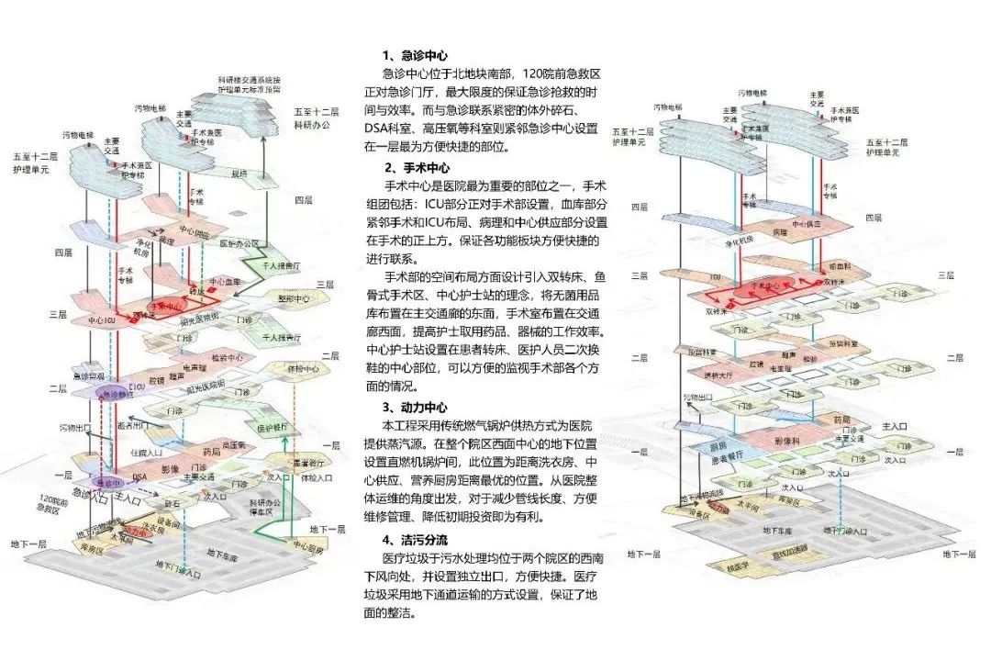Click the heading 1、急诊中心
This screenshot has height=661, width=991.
416,55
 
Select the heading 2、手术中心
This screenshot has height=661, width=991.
416,169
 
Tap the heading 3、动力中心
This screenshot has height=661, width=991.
416,408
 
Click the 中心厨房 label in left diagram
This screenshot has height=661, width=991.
307,548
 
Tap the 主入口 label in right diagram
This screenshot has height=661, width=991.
892,427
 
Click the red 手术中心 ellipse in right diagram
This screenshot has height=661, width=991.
765,286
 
